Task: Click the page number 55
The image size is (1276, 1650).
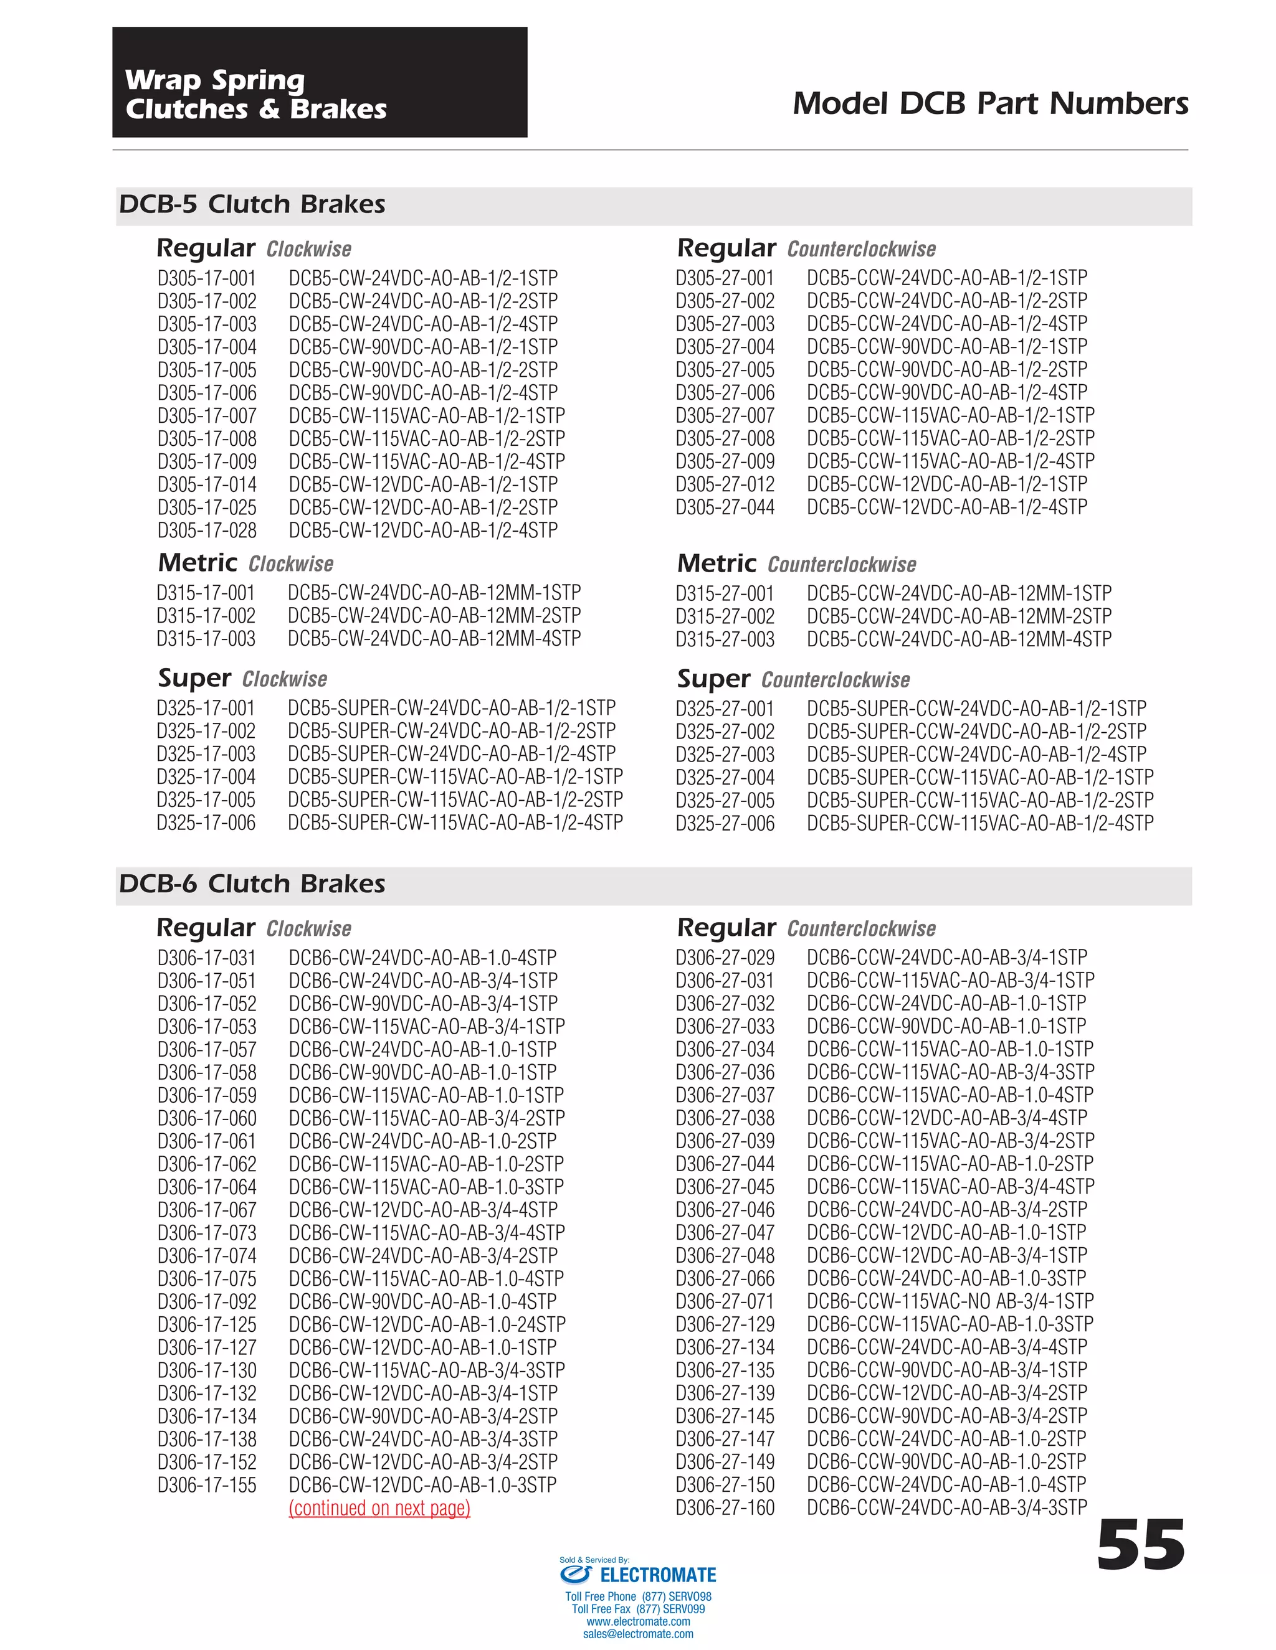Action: coord(1140,1546)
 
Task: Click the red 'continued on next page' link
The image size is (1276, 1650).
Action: coord(379,1508)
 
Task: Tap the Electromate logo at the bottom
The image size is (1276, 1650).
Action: coord(638,1575)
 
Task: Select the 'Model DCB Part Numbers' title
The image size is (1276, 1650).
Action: coord(990,103)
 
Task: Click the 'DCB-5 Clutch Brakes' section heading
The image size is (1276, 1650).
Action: coord(252,204)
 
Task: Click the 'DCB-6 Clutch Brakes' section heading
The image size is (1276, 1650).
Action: coord(252,884)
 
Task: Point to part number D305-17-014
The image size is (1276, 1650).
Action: coord(207,484)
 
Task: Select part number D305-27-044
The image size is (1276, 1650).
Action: coord(725,507)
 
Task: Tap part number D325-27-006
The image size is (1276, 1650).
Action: coord(725,824)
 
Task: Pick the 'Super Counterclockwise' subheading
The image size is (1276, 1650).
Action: coord(793,679)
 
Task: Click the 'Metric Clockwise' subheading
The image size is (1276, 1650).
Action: coord(245,563)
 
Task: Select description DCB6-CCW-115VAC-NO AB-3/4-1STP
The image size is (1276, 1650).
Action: coord(950,1301)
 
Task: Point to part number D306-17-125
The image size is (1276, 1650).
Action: coord(207,1324)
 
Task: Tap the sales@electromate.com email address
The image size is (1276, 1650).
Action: coord(638,1633)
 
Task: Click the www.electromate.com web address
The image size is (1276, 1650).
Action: coord(638,1621)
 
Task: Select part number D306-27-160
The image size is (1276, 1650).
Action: coord(725,1508)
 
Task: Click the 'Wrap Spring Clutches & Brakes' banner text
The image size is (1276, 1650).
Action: coord(255,95)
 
